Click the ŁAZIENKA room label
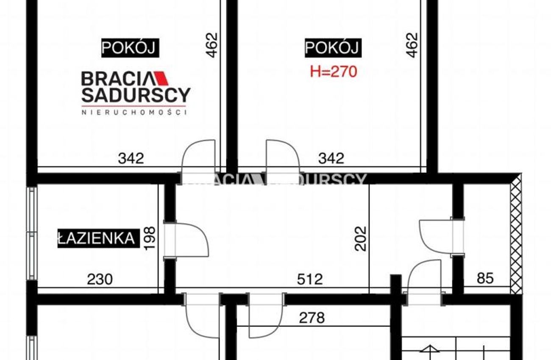tap(98, 238)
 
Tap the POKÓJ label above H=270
tap(333, 48)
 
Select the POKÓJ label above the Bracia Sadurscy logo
tap(130, 48)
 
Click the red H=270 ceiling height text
tap(333, 72)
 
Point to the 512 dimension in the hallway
tap(310, 280)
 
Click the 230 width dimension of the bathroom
tap(100, 280)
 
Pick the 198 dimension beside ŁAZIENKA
tap(150, 238)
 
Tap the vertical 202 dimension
tap(361, 238)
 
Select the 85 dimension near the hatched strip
tap(485, 278)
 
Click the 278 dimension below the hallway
tap(312, 318)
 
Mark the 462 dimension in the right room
tap(412, 45)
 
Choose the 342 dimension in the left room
tap(131, 158)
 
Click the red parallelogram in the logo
tap(161, 78)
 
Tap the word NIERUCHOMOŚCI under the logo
tap(134, 112)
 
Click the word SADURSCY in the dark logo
tap(136, 95)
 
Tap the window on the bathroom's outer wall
tap(32, 233)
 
